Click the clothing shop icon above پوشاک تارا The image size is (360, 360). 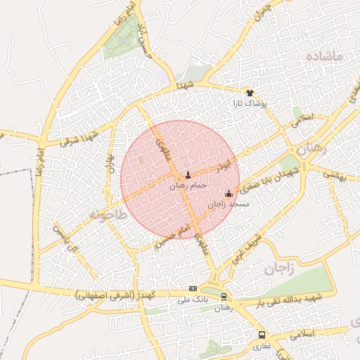[x=250, y=92]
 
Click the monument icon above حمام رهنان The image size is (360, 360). [x=188, y=175]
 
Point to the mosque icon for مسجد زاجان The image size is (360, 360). [x=229, y=194]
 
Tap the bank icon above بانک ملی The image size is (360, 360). [x=193, y=289]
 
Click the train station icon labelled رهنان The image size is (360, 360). [x=224, y=297]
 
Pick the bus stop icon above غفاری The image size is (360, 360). [x=262, y=335]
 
